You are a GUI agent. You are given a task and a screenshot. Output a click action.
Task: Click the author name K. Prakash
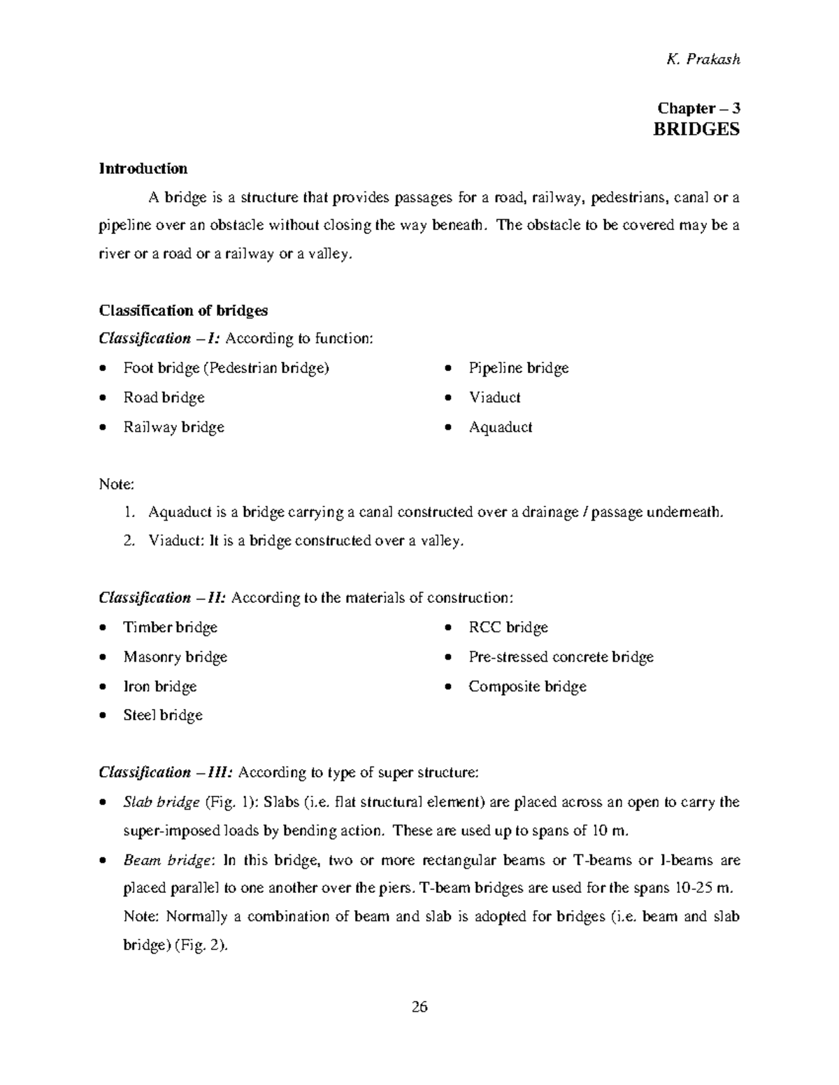(703, 59)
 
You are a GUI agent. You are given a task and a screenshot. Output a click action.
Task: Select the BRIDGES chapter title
(696, 130)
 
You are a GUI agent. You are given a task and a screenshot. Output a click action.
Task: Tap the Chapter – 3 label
(698, 108)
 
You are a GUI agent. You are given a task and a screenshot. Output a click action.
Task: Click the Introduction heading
(143, 168)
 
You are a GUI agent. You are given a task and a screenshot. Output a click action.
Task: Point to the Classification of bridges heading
(183, 310)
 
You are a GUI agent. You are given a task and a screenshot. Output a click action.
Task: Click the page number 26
(419, 1007)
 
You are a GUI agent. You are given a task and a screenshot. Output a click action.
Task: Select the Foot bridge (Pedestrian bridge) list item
(226, 368)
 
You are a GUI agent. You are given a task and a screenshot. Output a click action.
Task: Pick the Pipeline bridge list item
(518, 368)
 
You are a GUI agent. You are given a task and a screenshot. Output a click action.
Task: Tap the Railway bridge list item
(173, 427)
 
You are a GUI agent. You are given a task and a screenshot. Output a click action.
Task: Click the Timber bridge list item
(170, 627)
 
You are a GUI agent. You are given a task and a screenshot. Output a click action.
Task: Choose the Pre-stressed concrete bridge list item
(561, 657)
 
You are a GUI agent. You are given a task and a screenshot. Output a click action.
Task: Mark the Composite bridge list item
(527, 687)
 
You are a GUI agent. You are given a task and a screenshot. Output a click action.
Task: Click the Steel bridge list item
(163, 715)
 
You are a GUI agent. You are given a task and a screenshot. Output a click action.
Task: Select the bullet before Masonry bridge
(103, 657)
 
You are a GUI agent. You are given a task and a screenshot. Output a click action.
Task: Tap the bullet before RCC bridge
(449, 628)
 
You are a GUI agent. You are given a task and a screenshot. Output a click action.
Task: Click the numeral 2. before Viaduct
(129, 541)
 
